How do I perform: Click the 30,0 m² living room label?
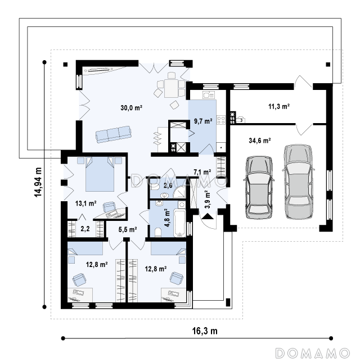point(131,107)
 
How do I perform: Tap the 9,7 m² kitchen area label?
point(203,121)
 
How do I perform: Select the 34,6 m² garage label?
point(260,141)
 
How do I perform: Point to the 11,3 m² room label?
point(279,106)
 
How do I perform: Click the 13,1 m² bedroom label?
point(85,203)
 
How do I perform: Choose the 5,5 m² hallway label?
point(128,229)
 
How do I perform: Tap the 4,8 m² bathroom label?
point(167,218)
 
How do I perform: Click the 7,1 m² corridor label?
point(202,172)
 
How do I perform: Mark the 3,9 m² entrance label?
point(208,199)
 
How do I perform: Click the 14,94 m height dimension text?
point(38,182)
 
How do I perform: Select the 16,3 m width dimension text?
point(205,331)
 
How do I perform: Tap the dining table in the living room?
point(171,88)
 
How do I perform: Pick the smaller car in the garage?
point(259,188)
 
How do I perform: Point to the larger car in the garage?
point(298,182)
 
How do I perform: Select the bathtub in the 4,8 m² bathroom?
point(179,223)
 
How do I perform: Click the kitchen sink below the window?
point(209,95)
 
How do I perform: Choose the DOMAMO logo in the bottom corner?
point(313,353)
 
